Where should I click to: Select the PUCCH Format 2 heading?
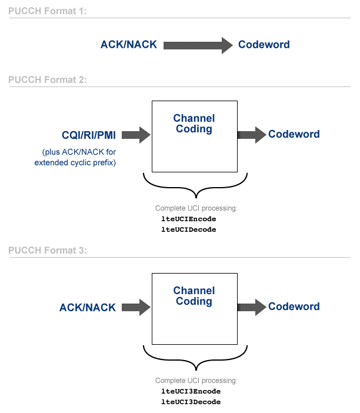coord(47,80)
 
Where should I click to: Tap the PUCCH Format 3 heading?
coord(47,250)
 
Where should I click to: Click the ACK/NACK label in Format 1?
coord(129,45)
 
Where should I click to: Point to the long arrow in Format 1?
coord(198,45)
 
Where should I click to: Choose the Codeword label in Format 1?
coord(264,45)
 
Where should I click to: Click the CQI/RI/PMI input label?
coord(89,134)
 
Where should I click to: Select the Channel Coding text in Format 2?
coord(194,124)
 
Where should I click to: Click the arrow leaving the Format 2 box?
coord(251,134)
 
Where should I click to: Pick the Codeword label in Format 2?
coord(294,134)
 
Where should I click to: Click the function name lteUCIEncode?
coord(189,219)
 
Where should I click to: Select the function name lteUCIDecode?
coord(189,229)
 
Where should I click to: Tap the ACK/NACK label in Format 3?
coord(88,307)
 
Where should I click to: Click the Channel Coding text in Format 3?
coord(194,296)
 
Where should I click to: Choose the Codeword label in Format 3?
coord(294,307)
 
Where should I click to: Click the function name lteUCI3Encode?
coord(191,391)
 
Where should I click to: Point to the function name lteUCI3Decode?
coord(191,402)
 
